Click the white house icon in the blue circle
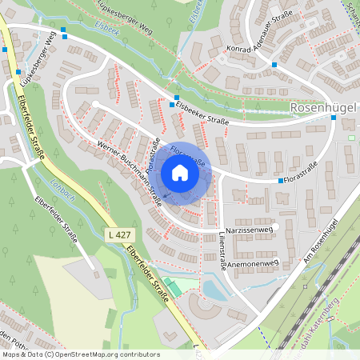pos(180,173)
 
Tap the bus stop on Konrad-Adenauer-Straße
pos(274,63)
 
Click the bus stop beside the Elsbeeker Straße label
pos(172,104)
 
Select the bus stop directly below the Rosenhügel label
pos(334,118)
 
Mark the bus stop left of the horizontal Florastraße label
pos(280,181)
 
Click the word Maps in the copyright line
pos(11,354)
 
